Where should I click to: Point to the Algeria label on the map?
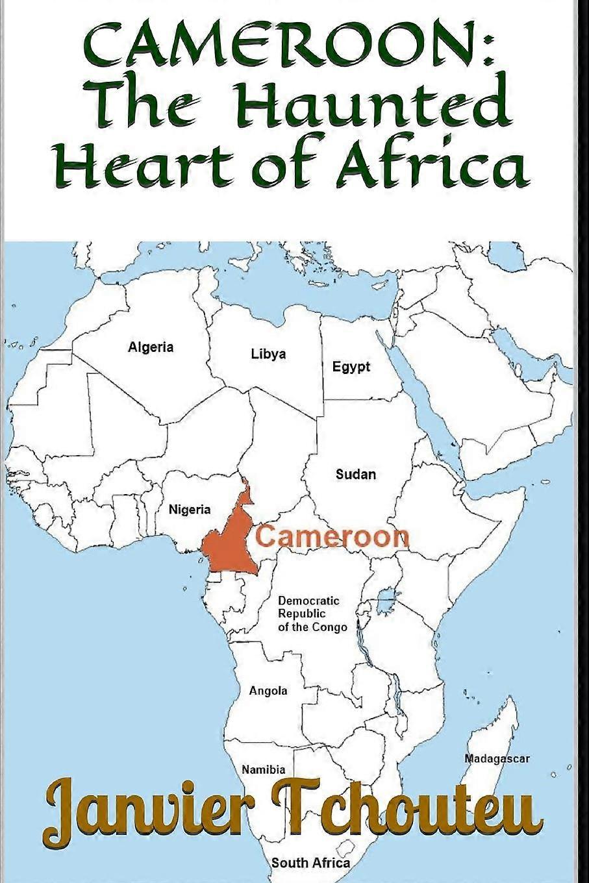click(x=151, y=347)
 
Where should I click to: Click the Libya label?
click(x=268, y=354)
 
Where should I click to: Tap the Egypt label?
click(x=351, y=367)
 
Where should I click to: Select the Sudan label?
click(x=355, y=475)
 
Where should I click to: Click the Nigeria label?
click(x=190, y=510)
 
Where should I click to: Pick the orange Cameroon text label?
click(x=332, y=537)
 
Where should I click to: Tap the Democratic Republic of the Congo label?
click(x=312, y=614)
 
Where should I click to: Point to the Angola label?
click(x=268, y=691)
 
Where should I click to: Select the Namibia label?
click(x=263, y=770)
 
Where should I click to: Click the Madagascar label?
click(x=497, y=758)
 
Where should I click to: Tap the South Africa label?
click(x=310, y=863)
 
